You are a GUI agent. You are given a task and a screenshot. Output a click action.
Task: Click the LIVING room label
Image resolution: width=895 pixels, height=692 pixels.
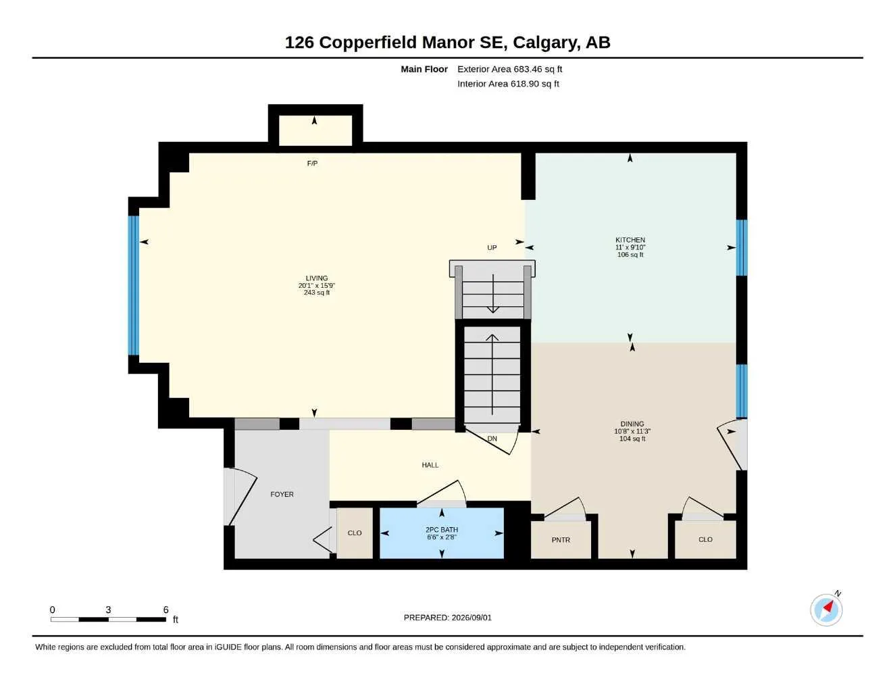(317, 278)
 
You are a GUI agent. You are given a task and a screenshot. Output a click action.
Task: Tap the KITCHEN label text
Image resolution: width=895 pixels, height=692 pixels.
(630, 240)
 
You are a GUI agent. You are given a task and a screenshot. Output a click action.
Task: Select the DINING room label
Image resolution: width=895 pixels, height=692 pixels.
(632, 424)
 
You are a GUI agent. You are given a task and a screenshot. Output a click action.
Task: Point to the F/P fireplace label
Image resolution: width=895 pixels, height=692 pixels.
(312, 164)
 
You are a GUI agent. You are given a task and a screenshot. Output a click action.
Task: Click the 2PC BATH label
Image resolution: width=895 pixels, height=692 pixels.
(442, 530)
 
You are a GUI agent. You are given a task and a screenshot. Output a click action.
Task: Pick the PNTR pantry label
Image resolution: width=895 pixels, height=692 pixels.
(561, 539)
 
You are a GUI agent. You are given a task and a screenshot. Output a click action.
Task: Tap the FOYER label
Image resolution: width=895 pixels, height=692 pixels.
(282, 494)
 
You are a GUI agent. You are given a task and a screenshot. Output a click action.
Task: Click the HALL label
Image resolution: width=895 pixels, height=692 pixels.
(430, 465)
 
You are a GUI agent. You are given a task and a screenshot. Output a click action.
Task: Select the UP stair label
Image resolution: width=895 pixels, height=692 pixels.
(492, 247)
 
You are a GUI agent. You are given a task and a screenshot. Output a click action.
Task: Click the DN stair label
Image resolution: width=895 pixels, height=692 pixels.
(492, 439)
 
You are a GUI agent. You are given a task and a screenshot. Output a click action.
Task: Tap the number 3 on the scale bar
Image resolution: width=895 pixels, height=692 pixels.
(108, 610)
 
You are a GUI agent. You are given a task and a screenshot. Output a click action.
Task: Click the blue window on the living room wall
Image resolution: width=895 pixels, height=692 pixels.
(134, 285)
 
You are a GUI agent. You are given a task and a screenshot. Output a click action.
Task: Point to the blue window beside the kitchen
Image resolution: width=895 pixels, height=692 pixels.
(742, 247)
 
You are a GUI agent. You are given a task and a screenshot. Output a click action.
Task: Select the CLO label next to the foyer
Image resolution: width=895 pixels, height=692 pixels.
(355, 533)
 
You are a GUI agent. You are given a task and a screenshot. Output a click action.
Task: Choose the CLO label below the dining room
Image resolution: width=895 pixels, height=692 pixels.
(706, 539)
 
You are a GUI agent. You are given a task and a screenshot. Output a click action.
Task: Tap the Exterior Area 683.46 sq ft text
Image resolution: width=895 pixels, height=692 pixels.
(509, 69)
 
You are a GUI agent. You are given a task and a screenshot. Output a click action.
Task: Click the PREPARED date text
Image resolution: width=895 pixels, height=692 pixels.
(448, 618)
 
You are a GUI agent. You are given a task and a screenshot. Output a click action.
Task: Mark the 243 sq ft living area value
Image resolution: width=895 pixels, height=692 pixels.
(317, 293)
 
